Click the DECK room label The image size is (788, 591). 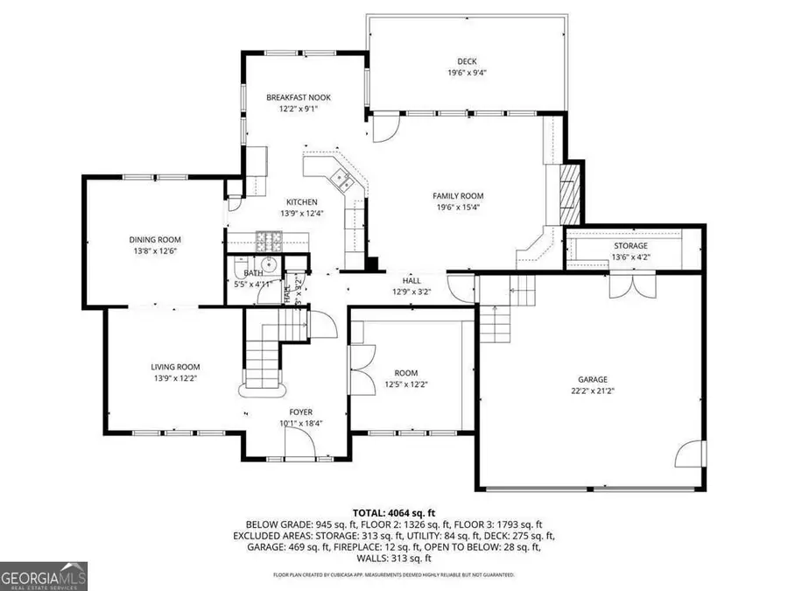pyautogui.click(x=466, y=61)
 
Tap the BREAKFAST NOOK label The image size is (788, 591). pyautogui.click(x=299, y=98)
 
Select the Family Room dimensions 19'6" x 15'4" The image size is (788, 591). pyautogui.click(x=458, y=208)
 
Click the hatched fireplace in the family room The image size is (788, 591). pyautogui.click(x=570, y=193)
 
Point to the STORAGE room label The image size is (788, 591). pyautogui.click(x=630, y=246)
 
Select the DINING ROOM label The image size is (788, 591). pyautogui.click(x=155, y=240)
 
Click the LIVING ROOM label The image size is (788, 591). pyautogui.click(x=176, y=367)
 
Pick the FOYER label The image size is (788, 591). pyautogui.click(x=301, y=412)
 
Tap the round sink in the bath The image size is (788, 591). pyautogui.click(x=270, y=265)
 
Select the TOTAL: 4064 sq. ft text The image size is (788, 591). pyautogui.click(x=394, y=512)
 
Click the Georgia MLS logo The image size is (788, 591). pyautogui.click(x=44, y=577)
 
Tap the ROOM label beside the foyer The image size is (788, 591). pyautogui.click(x=405, y=372)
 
